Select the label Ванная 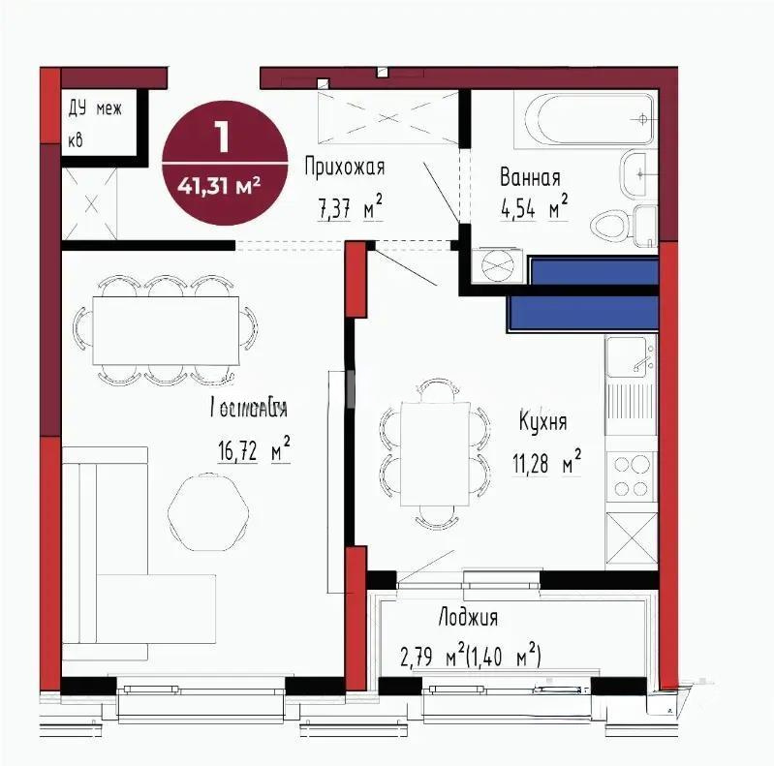point(530,178)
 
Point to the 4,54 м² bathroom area point(533,208)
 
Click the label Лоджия point(468,618)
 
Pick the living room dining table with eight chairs point(164,329)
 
